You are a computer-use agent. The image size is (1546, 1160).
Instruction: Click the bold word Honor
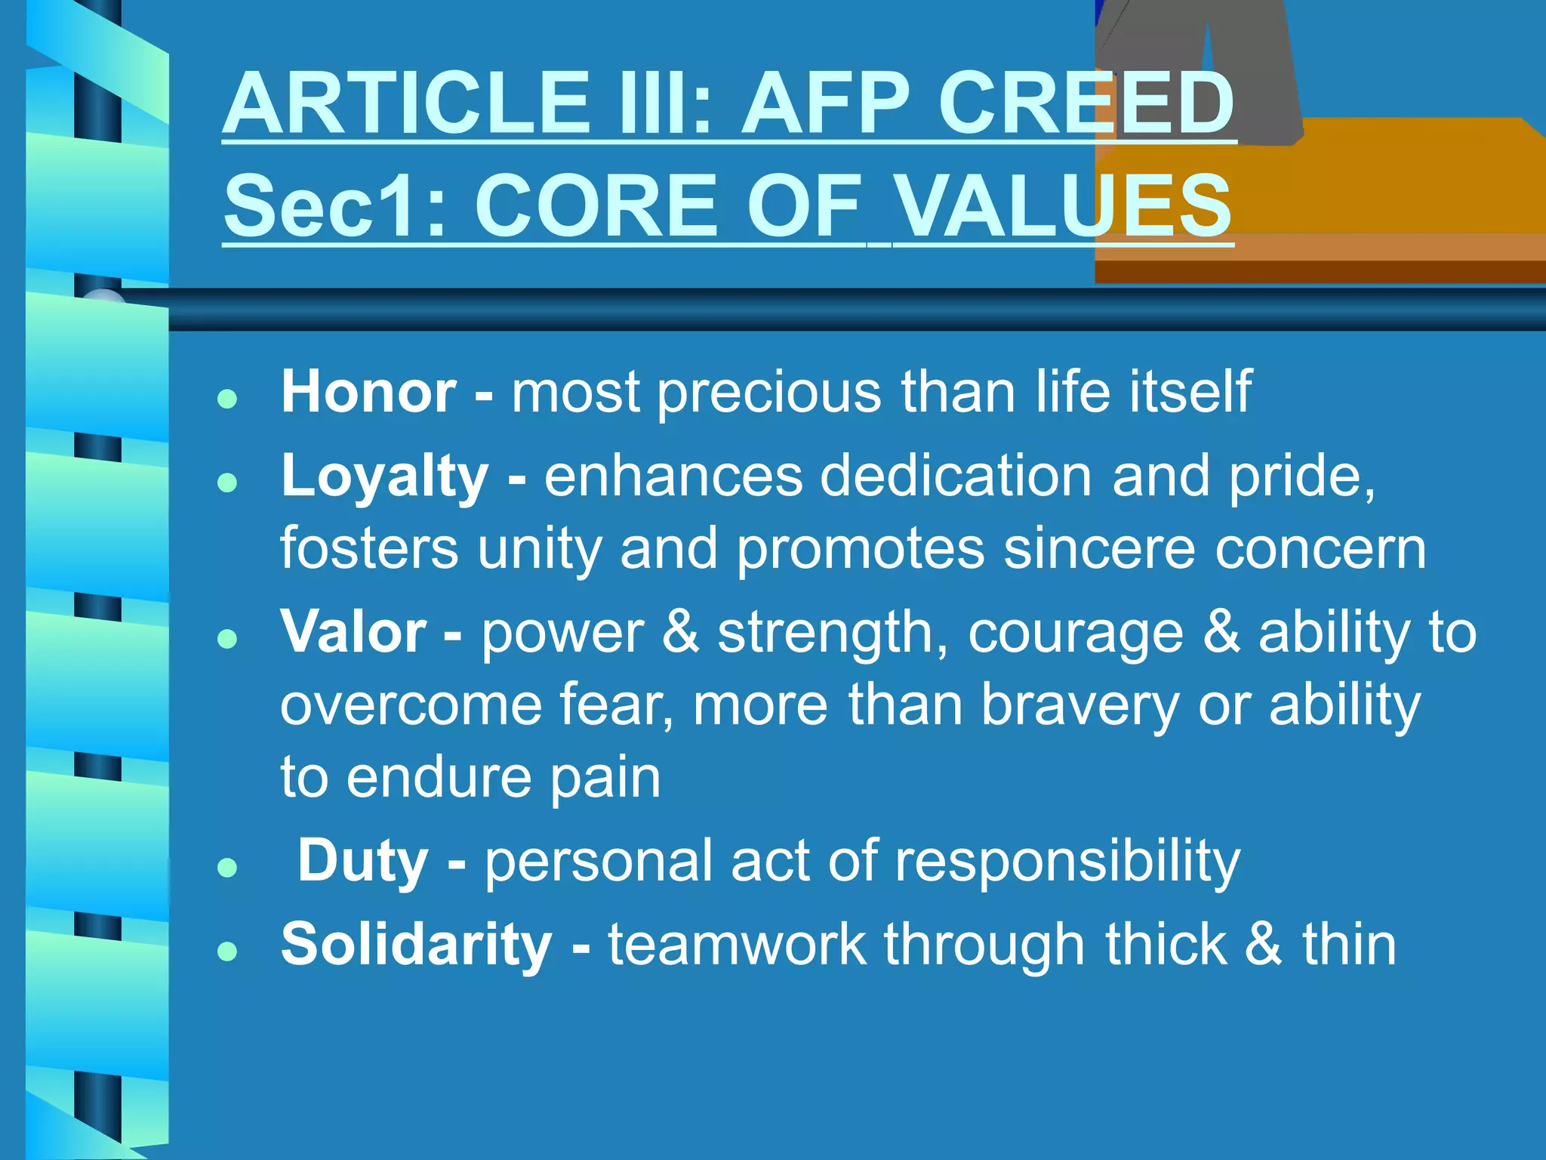(368, 392)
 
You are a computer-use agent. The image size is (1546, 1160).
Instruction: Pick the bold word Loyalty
(385, 477)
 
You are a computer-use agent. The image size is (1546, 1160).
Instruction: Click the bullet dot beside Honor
(227, 399)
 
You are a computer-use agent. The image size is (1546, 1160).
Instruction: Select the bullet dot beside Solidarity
(227, 951)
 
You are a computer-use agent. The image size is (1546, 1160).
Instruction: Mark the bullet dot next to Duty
(227, 867)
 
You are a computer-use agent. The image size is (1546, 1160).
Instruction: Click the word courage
(1076, 633)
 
